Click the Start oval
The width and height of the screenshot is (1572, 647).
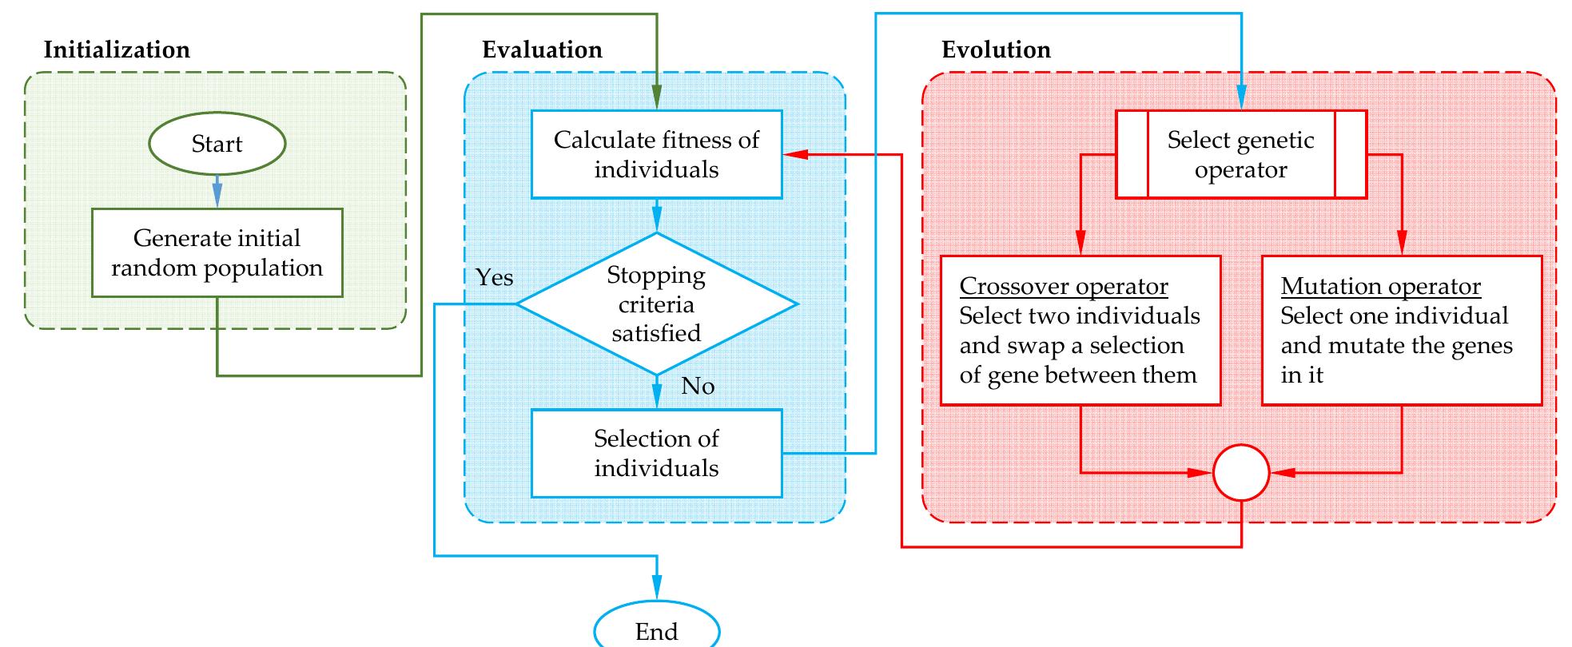click(x=217, y=144)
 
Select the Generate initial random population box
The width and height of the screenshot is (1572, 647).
click(x=217, y=253)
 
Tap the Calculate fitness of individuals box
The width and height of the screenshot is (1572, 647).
click(x=656, y=154)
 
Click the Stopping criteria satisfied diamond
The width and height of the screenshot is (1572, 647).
click(x=656, y=304)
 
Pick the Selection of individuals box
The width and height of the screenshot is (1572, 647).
click(x=656, y=453)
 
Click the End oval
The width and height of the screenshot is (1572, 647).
click(x=656, y=631)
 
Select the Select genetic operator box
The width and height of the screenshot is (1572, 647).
click(x=1240, y=154)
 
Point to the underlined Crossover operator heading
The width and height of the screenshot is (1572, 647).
click(x=1063, y=286)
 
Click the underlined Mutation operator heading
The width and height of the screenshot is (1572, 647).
click(x=1380, y=286)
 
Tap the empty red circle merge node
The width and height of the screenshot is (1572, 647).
click(x=1241, y=473)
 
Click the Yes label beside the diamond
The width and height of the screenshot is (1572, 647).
click(x=494, y=277)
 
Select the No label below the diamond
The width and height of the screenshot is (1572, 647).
click(x=698, y=386)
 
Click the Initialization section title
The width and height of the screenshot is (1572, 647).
click(x=117, y=50)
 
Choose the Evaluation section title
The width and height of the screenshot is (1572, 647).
click(x=542, y=50)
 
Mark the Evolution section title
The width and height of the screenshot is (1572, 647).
click(x=996, y=50)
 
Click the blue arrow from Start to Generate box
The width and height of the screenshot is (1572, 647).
click(x=217, y=192)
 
